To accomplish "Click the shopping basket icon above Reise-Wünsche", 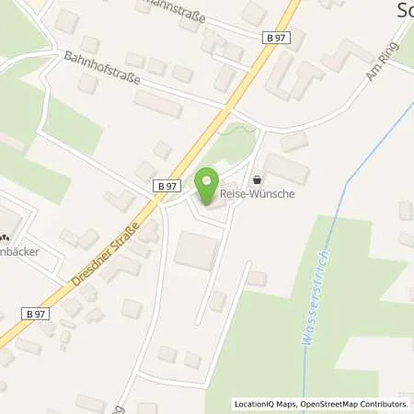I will [x=256, y=180].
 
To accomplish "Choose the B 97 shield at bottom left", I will [x=35, y=314].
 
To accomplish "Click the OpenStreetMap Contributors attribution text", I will [x=354, y=404].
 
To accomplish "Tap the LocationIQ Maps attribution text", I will [x=265, y=404].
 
